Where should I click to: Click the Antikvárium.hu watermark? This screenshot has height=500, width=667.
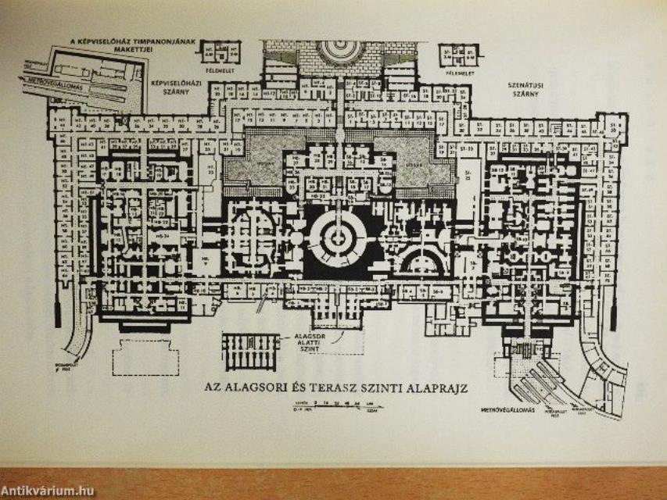tap(48, 490)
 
